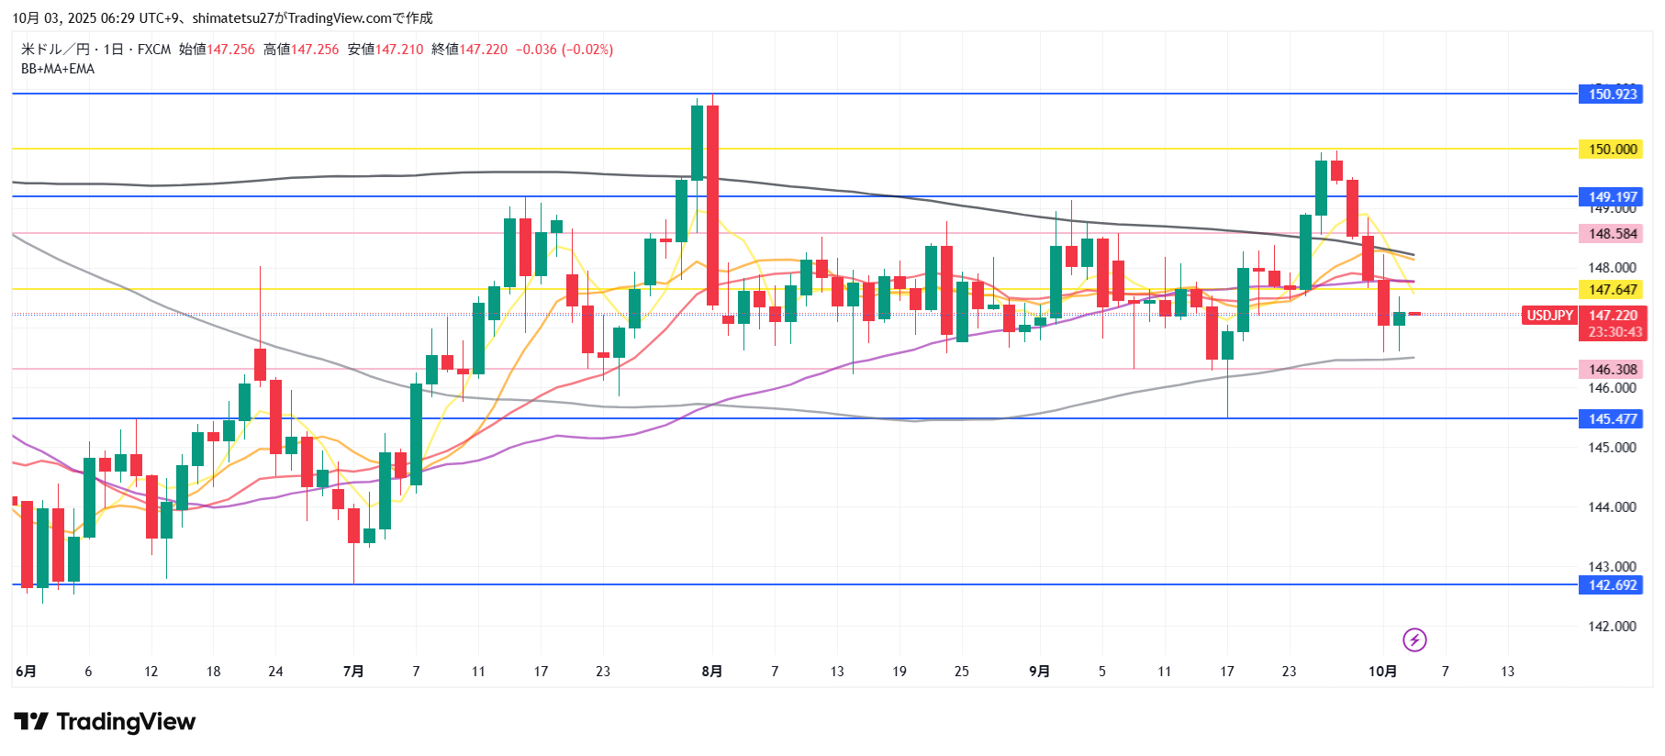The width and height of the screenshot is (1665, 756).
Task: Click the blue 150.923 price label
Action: point(1613,94)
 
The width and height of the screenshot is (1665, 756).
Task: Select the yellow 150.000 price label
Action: point(1613,149)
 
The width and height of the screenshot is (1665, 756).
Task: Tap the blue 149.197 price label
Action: point(1613,196)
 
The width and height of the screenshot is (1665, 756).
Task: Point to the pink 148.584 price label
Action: point(1613,233)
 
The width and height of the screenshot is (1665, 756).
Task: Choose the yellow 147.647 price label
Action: point(1613,289)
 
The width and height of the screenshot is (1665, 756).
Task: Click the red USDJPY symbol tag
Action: point(1549,315)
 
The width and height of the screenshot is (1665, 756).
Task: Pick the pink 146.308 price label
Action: point(1613,369)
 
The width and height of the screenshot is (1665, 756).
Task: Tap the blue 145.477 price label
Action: point(1613,418)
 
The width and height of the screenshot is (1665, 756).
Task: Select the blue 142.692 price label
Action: point(1613,584)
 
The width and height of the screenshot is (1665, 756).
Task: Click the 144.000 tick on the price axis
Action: point(1612,506)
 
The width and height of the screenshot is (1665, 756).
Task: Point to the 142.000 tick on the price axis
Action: point(1612,626)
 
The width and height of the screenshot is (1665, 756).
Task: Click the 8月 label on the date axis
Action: point(711,671)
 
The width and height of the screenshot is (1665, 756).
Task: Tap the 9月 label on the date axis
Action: point(1039,671)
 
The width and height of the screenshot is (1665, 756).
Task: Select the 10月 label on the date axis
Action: point(1382,671)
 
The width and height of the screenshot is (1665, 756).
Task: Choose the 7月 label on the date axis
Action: point(353,671)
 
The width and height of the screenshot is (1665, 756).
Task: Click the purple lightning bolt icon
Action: point(1414,639)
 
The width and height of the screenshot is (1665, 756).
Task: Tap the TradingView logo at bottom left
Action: point(105,722)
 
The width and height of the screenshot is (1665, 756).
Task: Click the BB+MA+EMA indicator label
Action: point(58,69)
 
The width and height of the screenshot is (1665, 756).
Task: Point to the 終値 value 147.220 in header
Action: point(484,50)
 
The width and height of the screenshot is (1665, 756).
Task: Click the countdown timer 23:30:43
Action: point(1615,332)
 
